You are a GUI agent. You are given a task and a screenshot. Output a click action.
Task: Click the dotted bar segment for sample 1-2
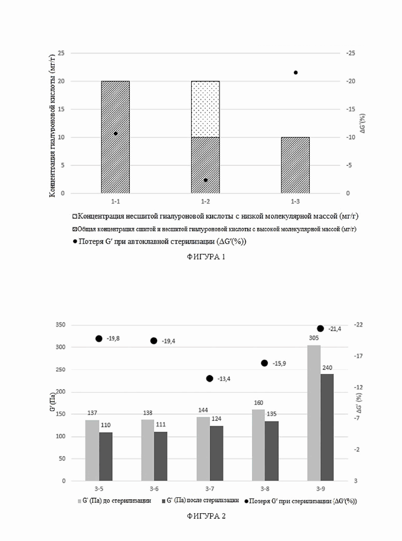tap(205, 109)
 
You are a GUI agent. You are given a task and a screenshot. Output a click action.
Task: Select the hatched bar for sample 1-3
tap(295, 165)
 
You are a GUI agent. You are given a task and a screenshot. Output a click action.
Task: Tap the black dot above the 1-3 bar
tap(295, 73)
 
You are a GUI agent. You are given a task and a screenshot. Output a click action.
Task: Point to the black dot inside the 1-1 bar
tap(115, 133)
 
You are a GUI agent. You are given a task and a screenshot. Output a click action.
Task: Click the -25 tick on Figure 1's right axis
tap(350, 53)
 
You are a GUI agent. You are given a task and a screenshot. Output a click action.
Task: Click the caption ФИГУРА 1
tap(206, 257)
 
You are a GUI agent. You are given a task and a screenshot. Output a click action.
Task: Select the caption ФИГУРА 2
tap(206, 516)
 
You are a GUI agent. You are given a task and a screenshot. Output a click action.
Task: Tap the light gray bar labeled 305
tap(314, 413)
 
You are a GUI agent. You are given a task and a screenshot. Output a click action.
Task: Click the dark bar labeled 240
tap(327, 428)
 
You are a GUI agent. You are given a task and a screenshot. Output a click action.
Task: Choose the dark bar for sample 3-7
tap(216, 453)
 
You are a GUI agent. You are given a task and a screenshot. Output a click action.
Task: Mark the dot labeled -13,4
tap(209, 379)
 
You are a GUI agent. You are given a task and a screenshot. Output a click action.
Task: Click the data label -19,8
tap(113, 339)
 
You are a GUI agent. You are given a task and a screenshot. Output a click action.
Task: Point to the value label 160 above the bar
tap(258, 402)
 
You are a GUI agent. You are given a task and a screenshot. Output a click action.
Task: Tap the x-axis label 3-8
tap(265, 489)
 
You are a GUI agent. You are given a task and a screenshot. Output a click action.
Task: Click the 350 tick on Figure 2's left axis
tap(60, 325)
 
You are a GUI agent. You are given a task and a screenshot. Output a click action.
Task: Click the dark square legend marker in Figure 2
tap(163, 501)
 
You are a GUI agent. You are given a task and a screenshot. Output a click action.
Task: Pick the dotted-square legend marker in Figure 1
tap(75, 217)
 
